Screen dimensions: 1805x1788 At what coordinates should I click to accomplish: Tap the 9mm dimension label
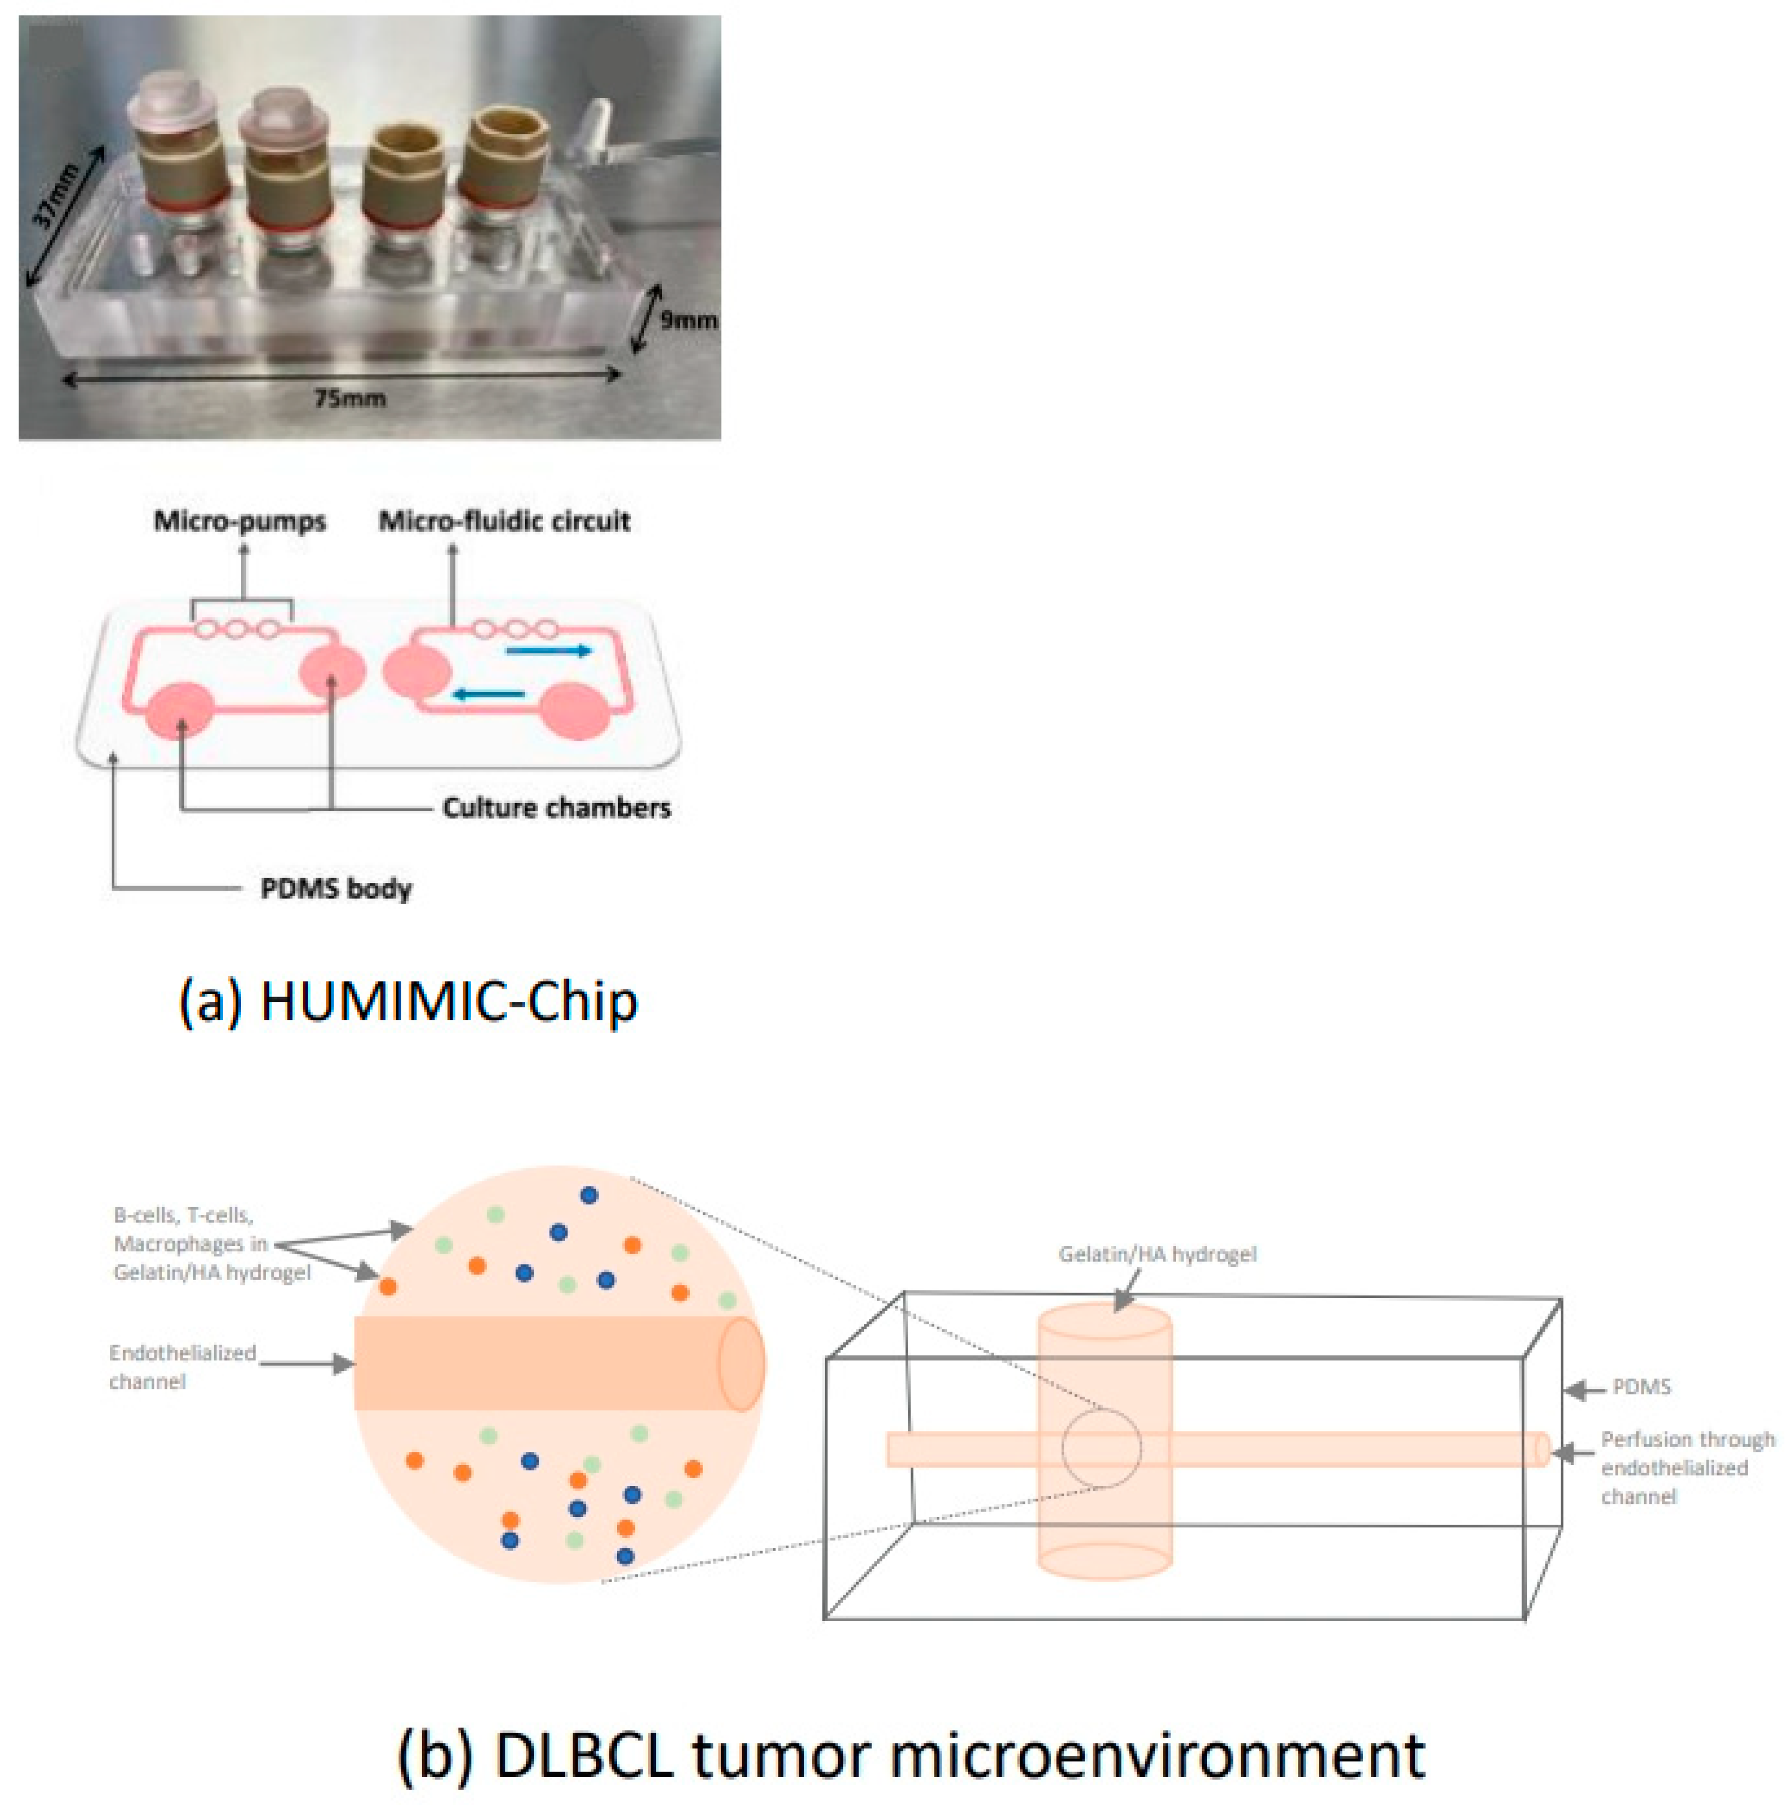click(689, 320)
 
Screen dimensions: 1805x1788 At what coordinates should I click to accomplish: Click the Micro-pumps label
click(240, 521)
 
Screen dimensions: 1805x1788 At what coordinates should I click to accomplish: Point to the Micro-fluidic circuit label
click(504, 521)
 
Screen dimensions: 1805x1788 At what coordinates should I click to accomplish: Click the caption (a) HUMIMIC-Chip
click(408, 1001)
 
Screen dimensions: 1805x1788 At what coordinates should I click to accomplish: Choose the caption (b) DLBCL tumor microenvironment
click(911, 1754)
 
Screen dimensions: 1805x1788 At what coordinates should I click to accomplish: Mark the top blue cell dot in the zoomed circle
click(589, 1195)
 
